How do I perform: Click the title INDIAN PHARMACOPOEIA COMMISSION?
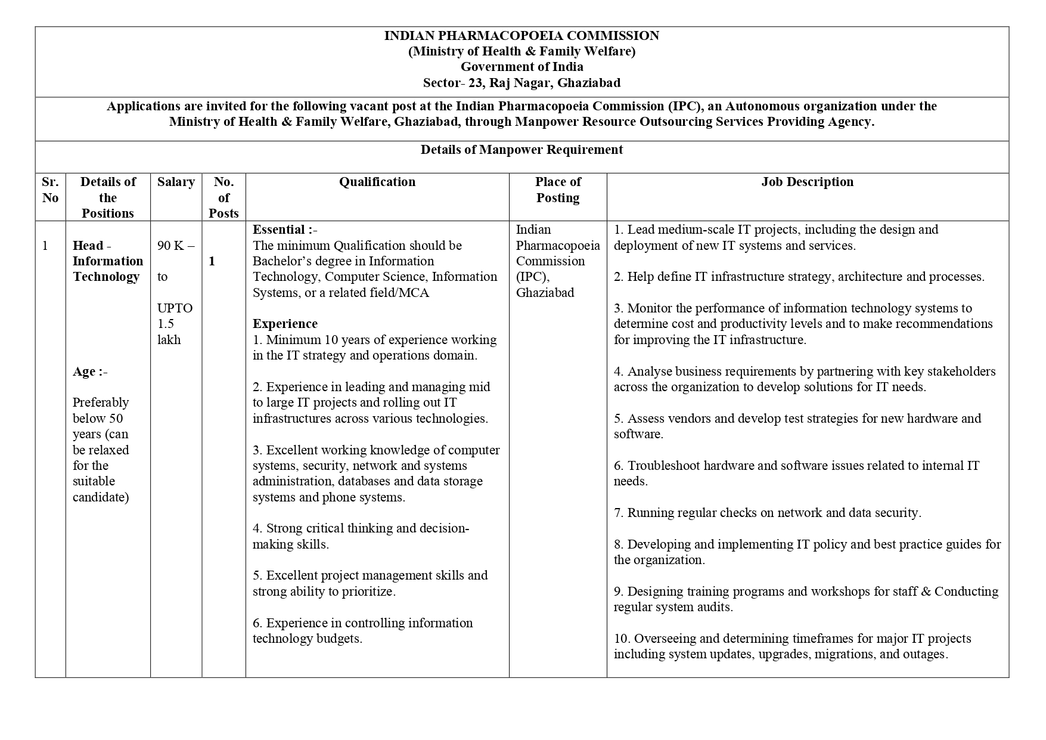[522, 36]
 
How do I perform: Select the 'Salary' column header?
[176, 182]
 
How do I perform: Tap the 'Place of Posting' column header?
[558, 190]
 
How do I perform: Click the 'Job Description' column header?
[807, 182]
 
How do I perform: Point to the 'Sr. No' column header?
[50, 190]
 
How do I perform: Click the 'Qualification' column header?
[377, 182]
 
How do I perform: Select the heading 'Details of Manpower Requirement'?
[522, 150]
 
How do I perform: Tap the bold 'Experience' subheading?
[285, 324]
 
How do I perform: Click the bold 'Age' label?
[84, 371]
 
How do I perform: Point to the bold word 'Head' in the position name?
[88, 246]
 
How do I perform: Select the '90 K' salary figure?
[171, 246]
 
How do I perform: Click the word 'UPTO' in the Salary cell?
[175, 308]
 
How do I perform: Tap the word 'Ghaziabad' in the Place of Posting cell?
[545, 293]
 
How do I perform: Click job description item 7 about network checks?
[768, 513]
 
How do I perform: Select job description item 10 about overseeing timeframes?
[781, 646]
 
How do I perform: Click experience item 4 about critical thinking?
[361, 536]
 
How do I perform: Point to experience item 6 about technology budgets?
[362, 631]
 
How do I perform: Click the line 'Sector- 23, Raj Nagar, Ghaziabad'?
[522, 83]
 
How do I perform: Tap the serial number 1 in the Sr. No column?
[45, 246]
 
